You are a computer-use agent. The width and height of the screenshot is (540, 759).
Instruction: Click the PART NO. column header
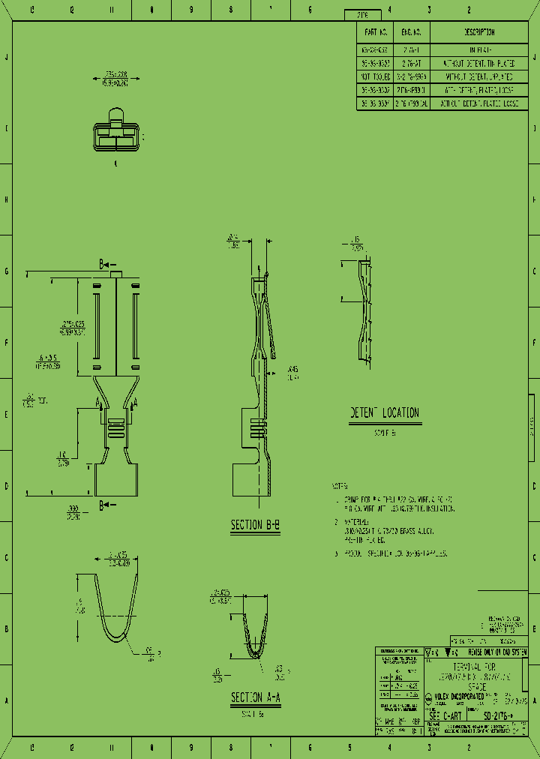point(375,32)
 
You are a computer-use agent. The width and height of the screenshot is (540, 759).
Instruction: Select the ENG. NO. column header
point(412,32)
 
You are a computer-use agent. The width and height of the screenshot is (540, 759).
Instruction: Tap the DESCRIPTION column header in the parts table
point(479,32)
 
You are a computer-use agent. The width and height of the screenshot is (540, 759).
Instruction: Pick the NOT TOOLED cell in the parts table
point(375,77)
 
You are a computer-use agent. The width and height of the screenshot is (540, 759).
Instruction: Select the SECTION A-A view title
point(256,697)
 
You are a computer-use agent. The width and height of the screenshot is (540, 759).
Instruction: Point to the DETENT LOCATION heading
point(385,413)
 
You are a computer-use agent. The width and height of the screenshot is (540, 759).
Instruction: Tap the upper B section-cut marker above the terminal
point(104,265)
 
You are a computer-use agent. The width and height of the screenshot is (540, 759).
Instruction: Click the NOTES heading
point(340,486)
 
